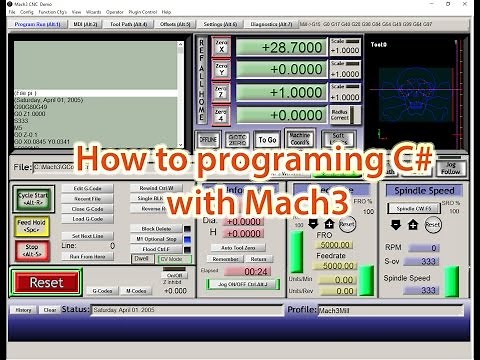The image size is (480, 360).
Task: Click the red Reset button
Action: click(x=46, y=283)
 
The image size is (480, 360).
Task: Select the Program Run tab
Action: click(x=39, y=23)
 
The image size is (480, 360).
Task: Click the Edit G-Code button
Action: click(x=89, y=188)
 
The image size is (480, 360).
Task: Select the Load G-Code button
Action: click(x=89, y=218)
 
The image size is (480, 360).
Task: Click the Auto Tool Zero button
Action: click(x=240, y=246)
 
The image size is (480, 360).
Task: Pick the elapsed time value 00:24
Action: click(x=256, y=270)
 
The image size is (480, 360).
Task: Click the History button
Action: click(x=24, y=310)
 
